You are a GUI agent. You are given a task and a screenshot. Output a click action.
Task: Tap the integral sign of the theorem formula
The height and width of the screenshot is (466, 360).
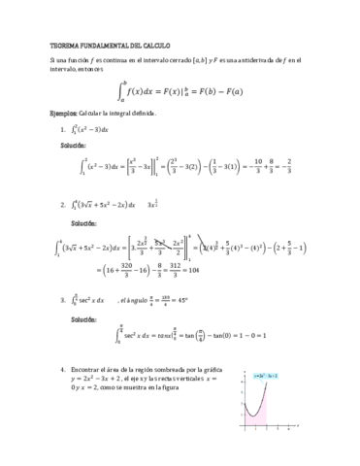[122, 93]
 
